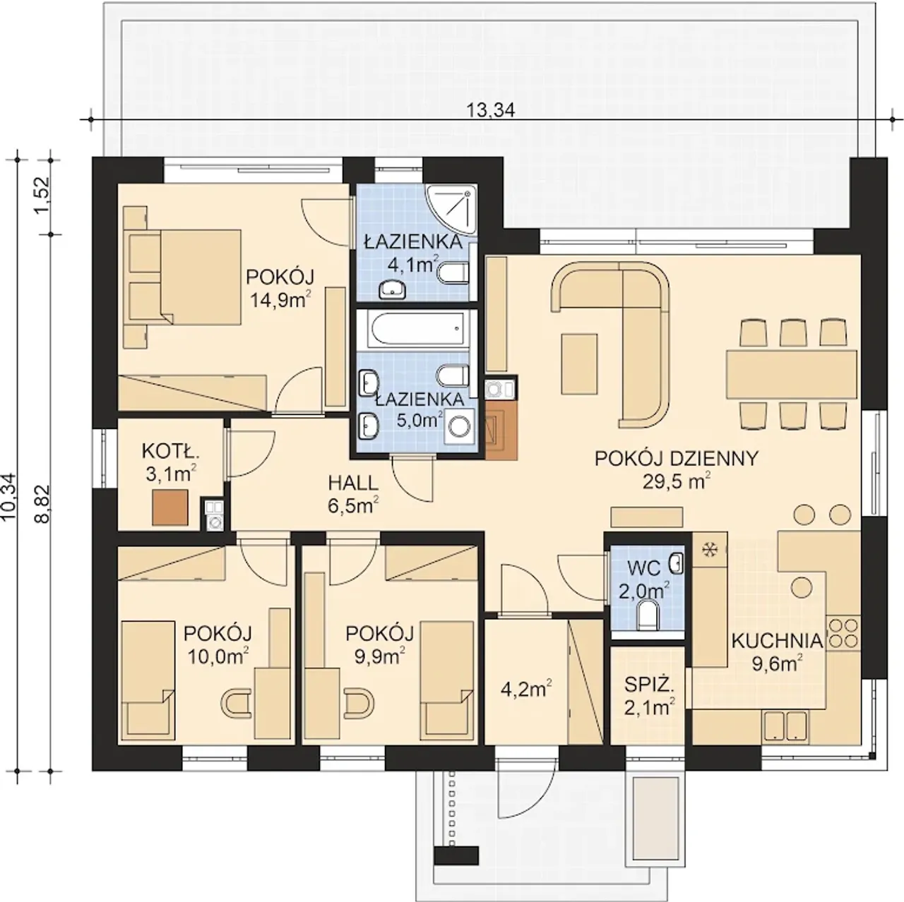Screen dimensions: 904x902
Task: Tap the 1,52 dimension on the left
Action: tap(42, 195)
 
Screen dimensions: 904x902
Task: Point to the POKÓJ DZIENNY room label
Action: tap(676, 459)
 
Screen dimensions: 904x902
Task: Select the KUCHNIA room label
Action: tap(777, 641)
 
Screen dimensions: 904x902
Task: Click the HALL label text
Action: tap(353, 483)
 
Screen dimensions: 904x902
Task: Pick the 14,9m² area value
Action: tap(280, 299)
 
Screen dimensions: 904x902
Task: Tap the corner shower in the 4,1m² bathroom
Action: tap(451, 209)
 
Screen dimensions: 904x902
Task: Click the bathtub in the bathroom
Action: tap(417, 330)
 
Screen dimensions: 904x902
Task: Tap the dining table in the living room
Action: tap(792, 374)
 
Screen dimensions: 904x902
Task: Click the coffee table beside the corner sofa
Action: tap(579, 363)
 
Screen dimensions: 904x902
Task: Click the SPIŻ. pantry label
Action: tap(649, 685)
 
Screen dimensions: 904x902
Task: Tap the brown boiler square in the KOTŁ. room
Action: tap(169, 507)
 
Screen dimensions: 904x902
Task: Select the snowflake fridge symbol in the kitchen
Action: tap(708, 549)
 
